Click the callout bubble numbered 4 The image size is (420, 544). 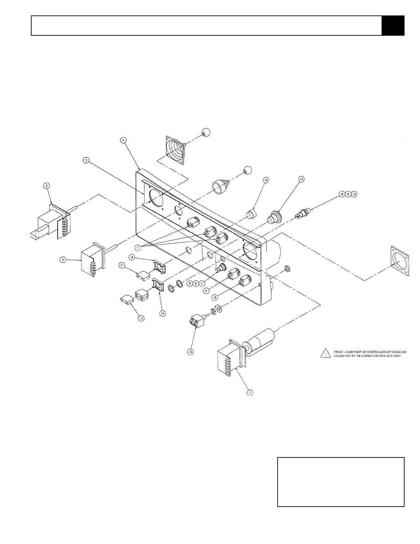point(124,140)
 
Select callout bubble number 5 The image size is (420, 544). point(86,160)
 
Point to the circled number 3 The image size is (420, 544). point(62,260)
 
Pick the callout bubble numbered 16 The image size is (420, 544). point(265,180)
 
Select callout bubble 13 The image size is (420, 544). point(141,318)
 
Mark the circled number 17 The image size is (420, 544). point(121,265)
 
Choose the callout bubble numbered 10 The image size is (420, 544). point(354,194)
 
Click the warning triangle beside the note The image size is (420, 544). point(323,353)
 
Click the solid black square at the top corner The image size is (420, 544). point(393,25)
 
